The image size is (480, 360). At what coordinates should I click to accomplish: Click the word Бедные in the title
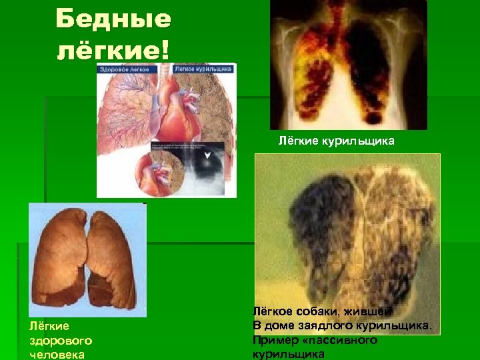[x=113, y=19]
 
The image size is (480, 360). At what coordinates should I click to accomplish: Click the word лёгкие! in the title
[x=113, y=49]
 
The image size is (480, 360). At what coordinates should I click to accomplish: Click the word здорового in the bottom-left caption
[x=60, y=340]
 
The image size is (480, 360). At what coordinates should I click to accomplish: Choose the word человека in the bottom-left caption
[x=57, y=354]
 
